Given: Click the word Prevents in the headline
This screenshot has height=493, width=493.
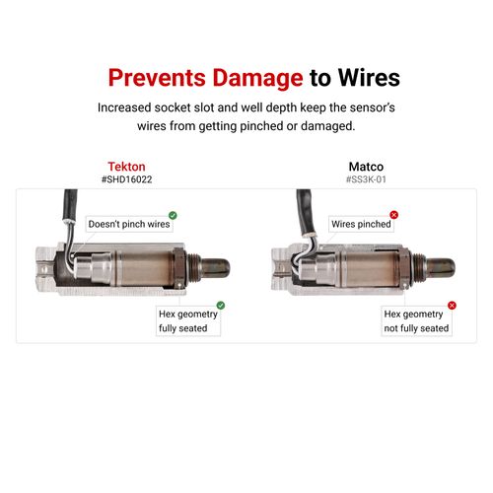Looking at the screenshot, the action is click(157, 78).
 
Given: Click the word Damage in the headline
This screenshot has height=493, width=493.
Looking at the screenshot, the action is click(257, 79).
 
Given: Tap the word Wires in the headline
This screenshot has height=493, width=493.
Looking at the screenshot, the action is click(369, 78).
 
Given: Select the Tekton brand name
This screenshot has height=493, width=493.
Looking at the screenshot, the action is click(126, 167).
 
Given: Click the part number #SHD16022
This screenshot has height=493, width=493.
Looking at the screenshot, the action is click(127, 179).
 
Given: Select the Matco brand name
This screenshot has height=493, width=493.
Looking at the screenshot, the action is click(366, 167).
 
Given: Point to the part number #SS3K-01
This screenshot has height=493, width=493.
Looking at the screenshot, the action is click(366, 179).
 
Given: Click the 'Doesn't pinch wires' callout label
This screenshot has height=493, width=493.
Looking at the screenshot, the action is click(129, 224).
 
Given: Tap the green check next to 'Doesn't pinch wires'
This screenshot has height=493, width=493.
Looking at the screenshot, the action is click(173, 215).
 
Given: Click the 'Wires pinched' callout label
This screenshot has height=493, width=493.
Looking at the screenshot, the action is click(361, 224).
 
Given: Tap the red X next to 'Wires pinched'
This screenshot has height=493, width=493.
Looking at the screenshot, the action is click(393, 215).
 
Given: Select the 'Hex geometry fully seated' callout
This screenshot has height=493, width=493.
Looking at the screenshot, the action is click(188, 321).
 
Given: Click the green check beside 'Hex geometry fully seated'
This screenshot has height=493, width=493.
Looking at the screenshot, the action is click(221, 306).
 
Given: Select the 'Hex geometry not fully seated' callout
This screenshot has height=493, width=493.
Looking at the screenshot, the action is click(416, 321).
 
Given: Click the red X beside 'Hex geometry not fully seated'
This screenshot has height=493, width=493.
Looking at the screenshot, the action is click(452, 306).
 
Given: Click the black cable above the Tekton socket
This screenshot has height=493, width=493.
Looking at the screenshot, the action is click(70, 204).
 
